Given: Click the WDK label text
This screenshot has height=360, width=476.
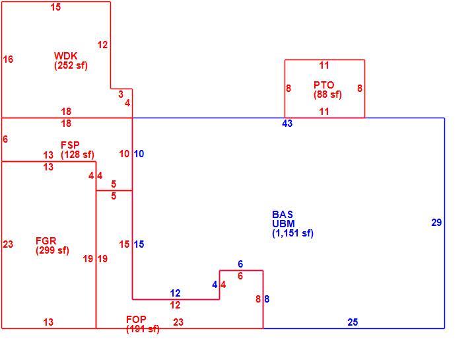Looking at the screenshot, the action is coord(65,56).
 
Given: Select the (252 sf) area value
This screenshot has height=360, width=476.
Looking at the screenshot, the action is coord(71,65).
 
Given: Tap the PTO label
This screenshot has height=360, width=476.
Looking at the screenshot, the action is coord(323,85).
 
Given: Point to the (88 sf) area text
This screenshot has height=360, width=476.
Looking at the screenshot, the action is coord(327,94).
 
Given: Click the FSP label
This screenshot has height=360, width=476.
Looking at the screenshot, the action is coord(70,145).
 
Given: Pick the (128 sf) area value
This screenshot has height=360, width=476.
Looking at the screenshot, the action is coord(77,155).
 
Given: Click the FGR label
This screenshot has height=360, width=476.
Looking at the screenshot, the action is coord(46,241).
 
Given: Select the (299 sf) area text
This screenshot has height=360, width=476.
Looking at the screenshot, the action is coord(52,250).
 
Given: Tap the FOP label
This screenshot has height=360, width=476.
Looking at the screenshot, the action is coord(136,319).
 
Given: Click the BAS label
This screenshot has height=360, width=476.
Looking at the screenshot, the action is coord(283,215).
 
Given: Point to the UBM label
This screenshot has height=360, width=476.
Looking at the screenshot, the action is coord(283,224).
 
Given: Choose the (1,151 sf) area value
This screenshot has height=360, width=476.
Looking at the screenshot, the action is coord(292,233).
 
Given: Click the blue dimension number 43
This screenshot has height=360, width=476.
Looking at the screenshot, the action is coord(287,124).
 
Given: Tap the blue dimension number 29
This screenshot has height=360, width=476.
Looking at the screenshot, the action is coord(436,223).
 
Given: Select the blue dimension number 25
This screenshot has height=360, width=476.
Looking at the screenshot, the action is coord(353,322).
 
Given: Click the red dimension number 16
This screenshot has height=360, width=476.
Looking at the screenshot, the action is coord(8,59).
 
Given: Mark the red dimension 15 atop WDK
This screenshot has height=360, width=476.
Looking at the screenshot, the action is coord(55,7).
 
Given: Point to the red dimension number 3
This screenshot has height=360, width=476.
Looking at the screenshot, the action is coord(121,94).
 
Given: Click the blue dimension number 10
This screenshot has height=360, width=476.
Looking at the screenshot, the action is coord(139,154).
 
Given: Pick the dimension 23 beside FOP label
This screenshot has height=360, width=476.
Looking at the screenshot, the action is coord(178,322).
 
